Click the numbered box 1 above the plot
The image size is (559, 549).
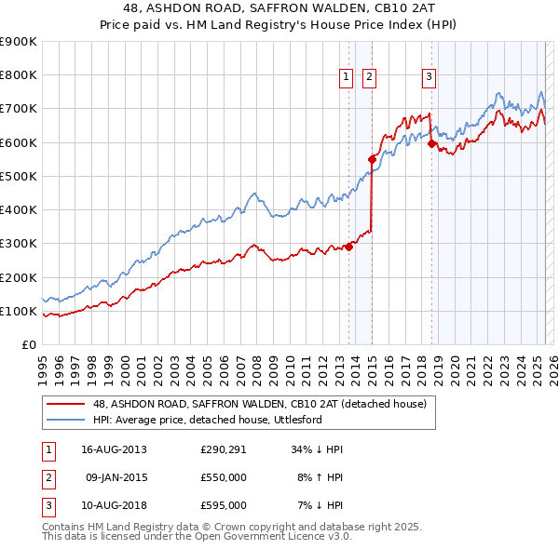346,77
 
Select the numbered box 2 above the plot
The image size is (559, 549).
369,77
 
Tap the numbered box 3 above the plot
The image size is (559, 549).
429,77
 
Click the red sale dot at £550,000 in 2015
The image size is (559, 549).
372,159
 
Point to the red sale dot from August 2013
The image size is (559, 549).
349,247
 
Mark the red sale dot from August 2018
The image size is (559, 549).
431,144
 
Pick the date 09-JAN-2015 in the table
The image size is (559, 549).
115,477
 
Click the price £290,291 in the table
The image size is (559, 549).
223,449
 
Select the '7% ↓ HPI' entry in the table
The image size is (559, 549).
319,505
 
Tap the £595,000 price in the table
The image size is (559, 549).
223,505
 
